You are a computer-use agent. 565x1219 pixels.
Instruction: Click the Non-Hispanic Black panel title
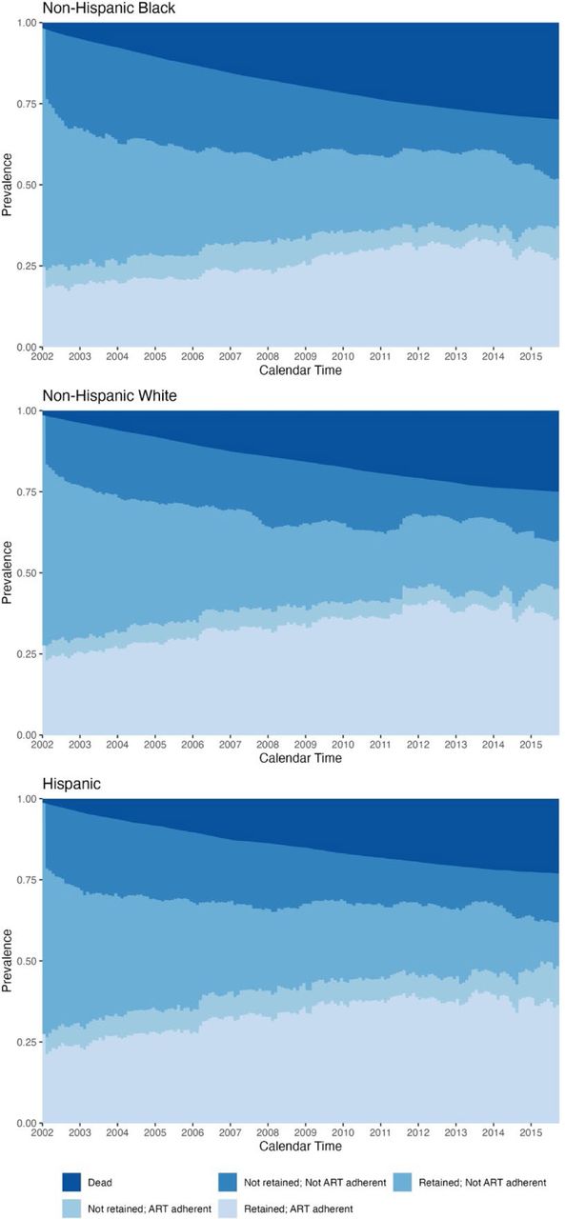tap(109, 9)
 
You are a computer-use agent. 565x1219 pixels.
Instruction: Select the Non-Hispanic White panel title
tap(110, 395)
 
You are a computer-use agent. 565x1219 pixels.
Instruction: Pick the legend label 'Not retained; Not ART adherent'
tap(314, 1183)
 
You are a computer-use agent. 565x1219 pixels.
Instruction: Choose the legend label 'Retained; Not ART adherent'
tap(482, 1183)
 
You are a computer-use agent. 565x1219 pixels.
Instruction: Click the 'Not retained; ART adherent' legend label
tap(150, 1209)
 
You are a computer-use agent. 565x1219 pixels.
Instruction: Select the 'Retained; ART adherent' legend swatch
tap(228, 1209)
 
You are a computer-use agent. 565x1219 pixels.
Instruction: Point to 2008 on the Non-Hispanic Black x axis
tap(268, 356)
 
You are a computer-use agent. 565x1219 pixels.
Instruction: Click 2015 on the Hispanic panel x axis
tap(531, 1132)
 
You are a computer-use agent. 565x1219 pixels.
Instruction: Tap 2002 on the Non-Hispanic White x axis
tap(42, 745)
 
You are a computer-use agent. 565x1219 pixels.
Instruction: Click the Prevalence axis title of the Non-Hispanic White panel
tap(7, 572)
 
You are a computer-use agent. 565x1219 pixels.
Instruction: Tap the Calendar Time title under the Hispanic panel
tap(300, 1146)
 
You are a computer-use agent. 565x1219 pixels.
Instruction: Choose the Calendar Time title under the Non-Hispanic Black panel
tap(300, 370)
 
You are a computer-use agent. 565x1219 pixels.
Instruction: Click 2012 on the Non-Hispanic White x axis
tap(417, 745)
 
